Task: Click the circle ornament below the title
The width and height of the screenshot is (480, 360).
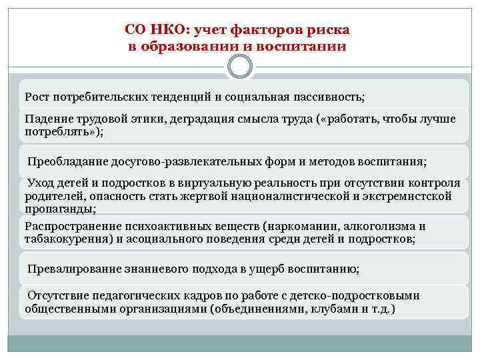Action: point(240,65)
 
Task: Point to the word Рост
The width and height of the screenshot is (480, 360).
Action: point(37,97)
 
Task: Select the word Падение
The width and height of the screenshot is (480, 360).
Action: point(49,119)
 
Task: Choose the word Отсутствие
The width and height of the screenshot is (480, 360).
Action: point(59,295)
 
